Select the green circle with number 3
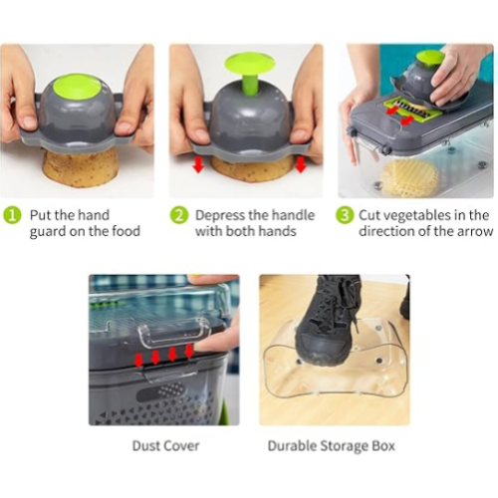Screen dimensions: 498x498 (x=343, y=215)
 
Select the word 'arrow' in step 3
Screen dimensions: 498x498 (x=473, y=231)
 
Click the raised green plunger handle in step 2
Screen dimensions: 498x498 (x=249, y=68)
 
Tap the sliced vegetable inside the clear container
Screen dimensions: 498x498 (x=409, y=177)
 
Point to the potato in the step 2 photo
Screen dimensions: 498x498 (x=249, y=169)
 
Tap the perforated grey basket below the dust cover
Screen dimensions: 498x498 (x=164, y=393)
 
